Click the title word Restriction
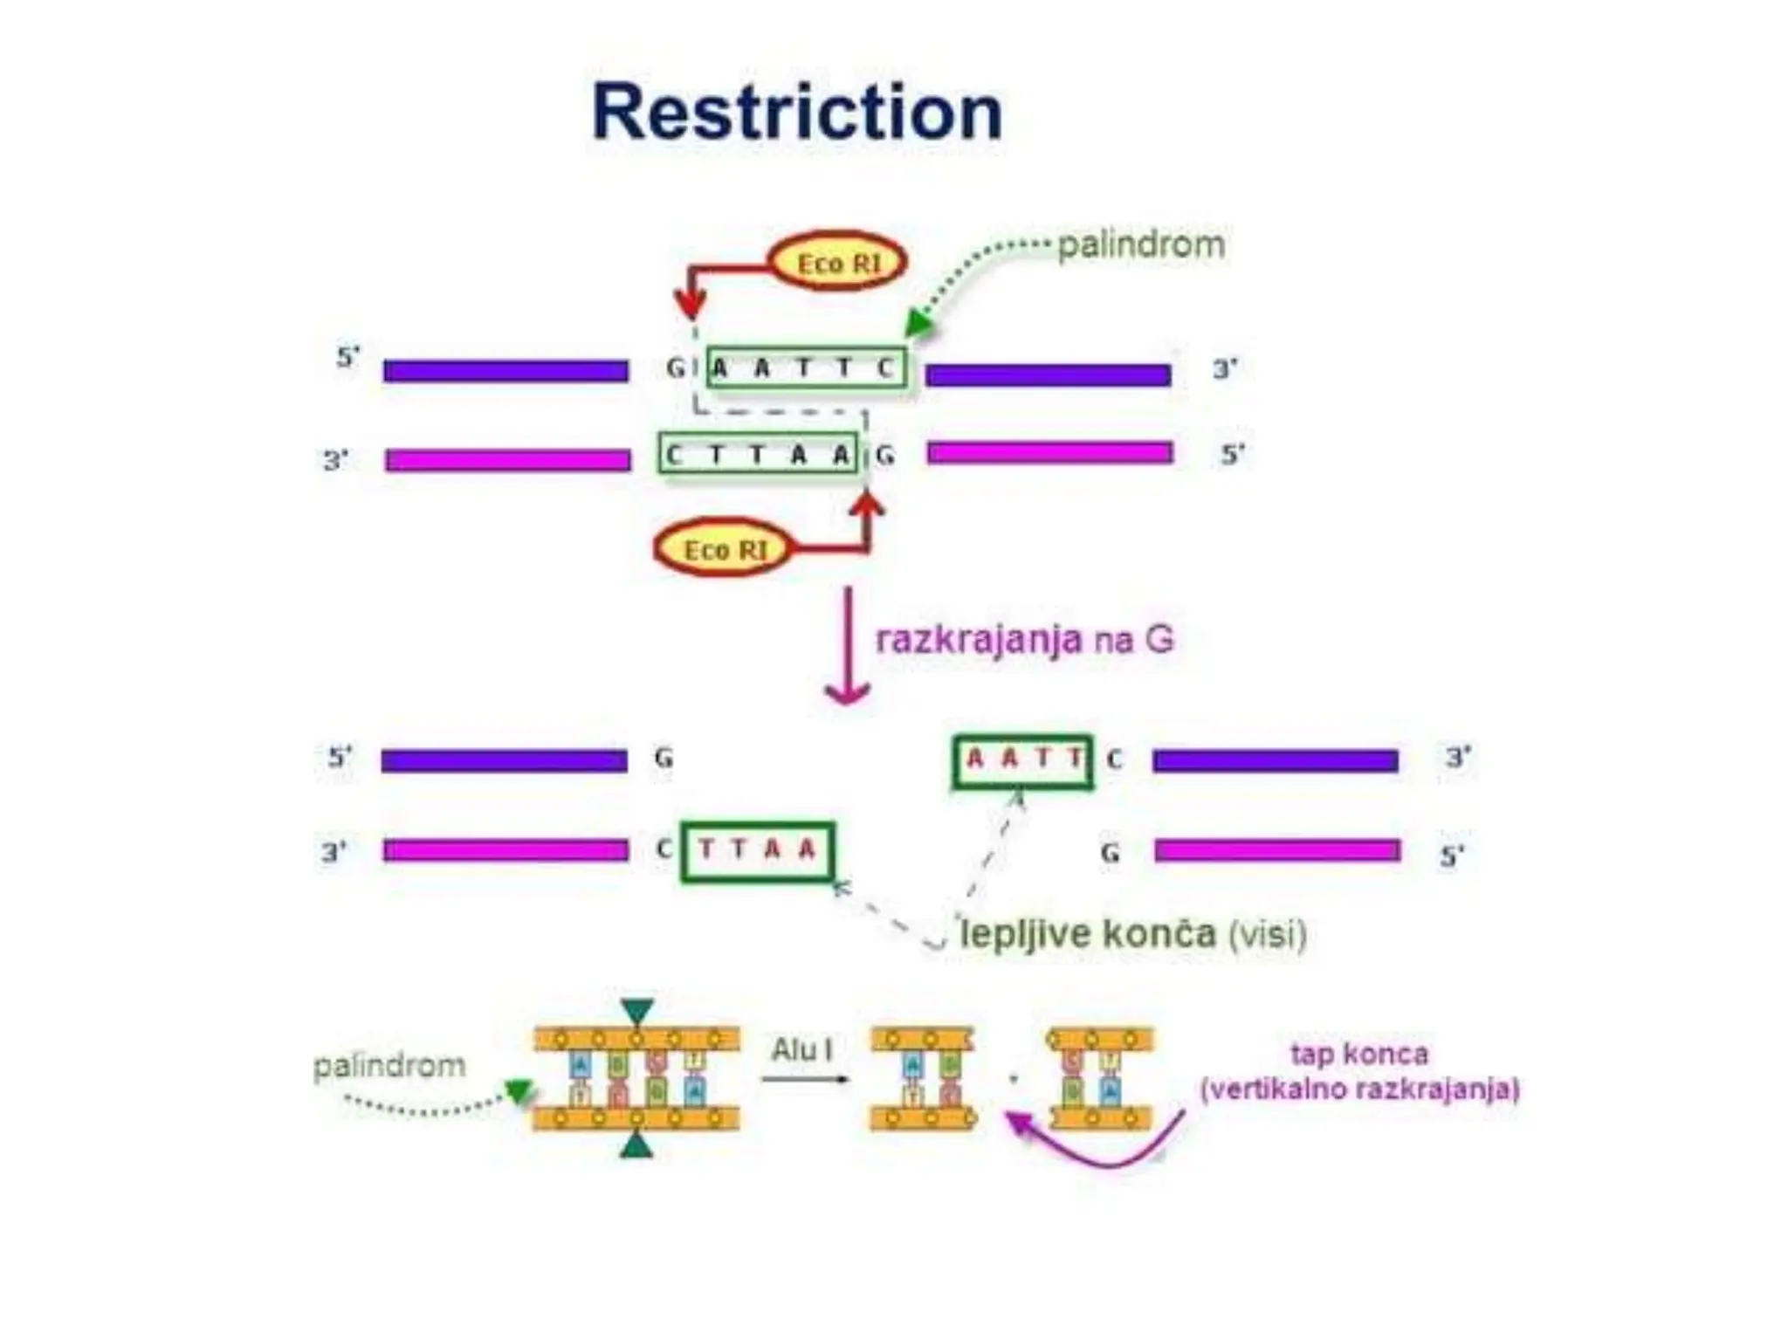[796, 112]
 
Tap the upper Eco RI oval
[837, 262]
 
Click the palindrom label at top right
[1140, 244]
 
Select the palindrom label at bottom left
[389, 1065]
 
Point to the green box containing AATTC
[806, 368]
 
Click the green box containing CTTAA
[758, 454]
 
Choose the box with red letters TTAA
[757, 850]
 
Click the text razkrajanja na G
[1023, 640]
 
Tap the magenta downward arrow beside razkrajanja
[847, 646]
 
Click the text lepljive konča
[1087, 934]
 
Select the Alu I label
[801, 1049]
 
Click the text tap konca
[1358, 1054]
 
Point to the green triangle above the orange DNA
[637, 1012]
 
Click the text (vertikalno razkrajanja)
[1359, 1089]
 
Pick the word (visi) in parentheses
[1267, 935]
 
